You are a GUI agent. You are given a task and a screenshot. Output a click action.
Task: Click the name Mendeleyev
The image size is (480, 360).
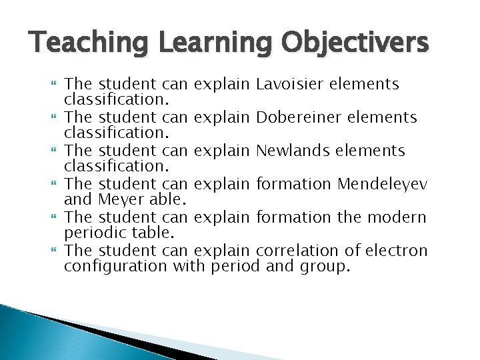click(x=383, y=184)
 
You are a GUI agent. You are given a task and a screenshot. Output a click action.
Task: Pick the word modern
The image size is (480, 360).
click(x=399, y=217)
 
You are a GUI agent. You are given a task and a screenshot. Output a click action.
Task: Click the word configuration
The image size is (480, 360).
click(x=115, y=267)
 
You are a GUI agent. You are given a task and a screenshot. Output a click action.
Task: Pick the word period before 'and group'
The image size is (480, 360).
click(x=235, y=267)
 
